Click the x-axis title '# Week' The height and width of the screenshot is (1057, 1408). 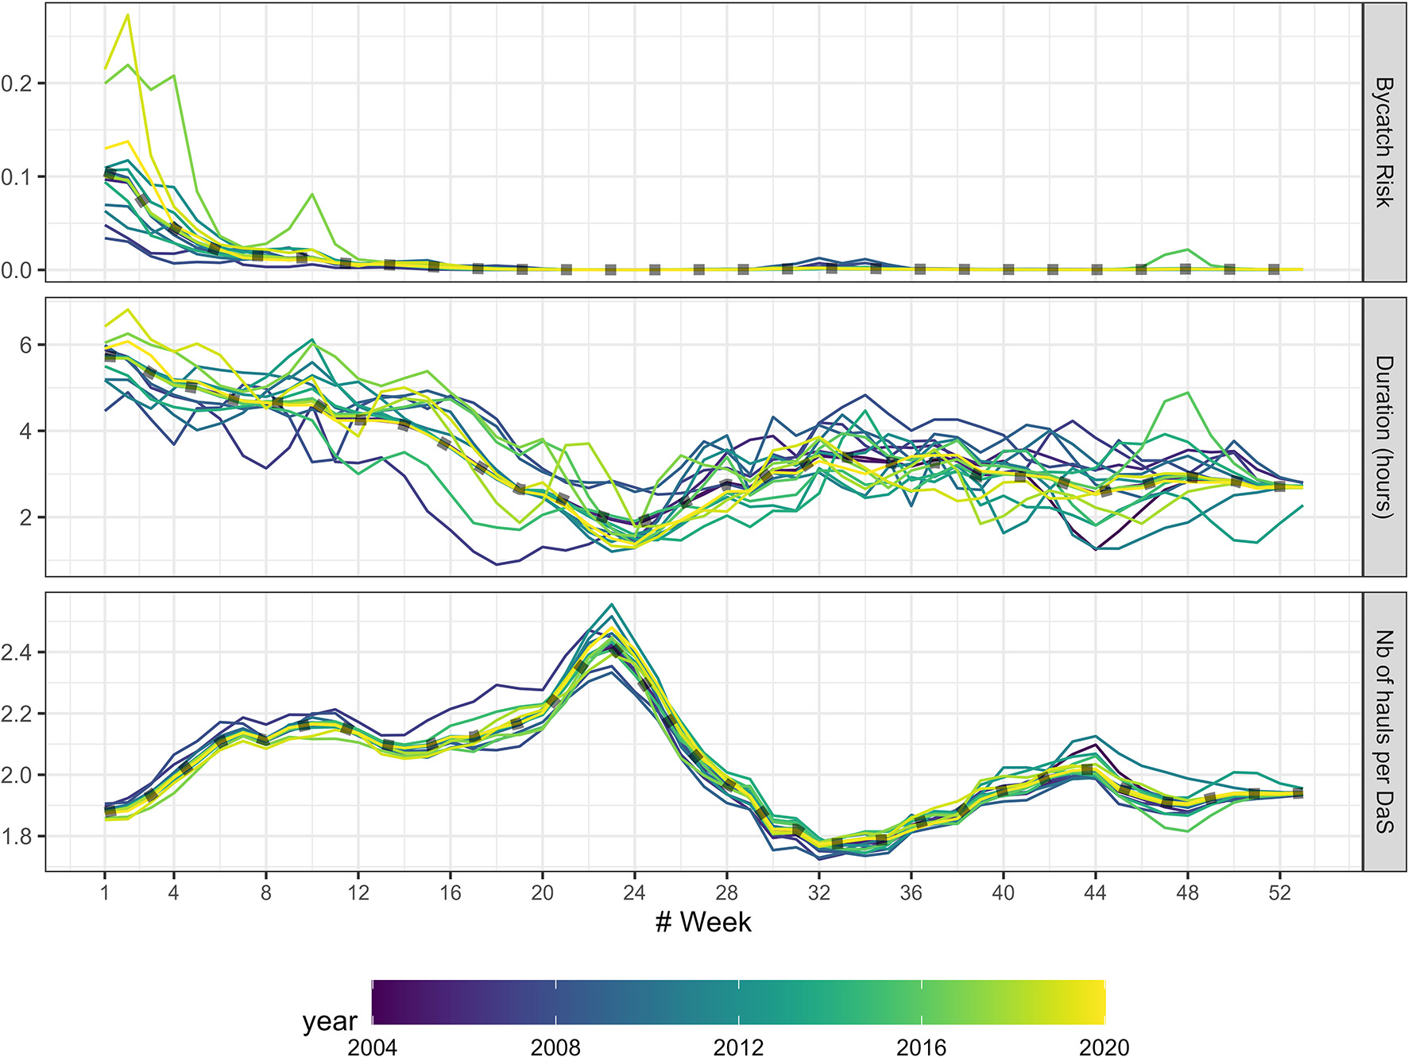point(703,922)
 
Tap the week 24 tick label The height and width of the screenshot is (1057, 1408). point(634,892)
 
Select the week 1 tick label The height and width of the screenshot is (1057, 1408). point(104,892)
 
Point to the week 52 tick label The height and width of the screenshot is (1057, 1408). point(1279,892)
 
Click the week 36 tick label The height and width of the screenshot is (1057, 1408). point(911,892)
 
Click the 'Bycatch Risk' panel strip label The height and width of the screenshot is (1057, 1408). point(1385,142)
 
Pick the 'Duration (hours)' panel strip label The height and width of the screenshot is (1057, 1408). point(1385,437)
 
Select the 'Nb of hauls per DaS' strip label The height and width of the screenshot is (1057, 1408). point(1385,731)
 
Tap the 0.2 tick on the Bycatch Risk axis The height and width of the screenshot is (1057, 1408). point(17,83)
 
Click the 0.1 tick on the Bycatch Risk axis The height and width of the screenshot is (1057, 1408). point(17,176)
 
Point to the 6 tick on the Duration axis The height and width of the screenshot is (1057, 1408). point(27,345)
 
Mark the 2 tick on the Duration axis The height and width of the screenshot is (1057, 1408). point(27,517)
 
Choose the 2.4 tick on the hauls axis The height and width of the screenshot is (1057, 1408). point(17,652)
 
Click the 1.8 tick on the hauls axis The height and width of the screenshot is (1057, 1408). point(17,837)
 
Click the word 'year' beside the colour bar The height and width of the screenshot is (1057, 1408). point(330,1020)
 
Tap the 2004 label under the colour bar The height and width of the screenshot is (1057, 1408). point(372,1047)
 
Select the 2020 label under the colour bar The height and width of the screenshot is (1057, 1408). point(1104,1047)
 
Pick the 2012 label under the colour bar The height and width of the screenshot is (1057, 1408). point(738,1047)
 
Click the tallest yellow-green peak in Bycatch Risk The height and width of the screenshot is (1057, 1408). point(128,15)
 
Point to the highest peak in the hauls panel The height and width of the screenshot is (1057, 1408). point(612,605)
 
